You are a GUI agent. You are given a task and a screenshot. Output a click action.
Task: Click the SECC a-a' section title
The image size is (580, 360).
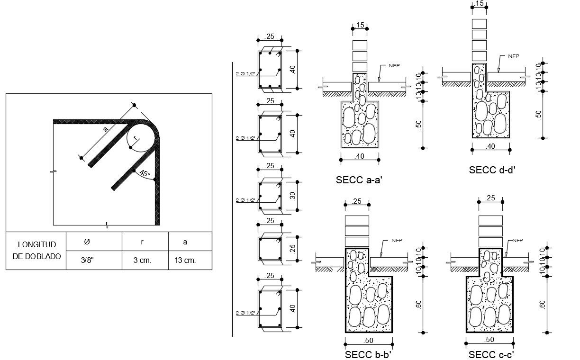(358, 180)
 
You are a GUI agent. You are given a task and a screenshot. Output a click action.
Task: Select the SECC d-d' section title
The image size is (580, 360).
(491, 170)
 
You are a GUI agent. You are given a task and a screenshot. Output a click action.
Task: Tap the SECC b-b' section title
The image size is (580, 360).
(368, 354)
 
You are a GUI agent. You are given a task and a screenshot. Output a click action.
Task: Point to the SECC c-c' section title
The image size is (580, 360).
(491, 354)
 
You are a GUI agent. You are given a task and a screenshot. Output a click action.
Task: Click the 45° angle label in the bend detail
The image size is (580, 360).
(145, 174)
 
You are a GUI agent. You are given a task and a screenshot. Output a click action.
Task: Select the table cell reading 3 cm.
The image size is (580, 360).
(143, 261)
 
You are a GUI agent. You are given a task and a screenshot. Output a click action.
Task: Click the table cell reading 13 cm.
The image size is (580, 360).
(185, 261)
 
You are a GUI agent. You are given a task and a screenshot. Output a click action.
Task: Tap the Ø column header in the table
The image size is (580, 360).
(86, 242)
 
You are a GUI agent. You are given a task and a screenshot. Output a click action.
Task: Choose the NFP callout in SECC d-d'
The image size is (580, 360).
(513, 56)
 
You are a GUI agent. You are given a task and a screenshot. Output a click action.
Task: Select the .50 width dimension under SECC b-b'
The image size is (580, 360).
(368, 340)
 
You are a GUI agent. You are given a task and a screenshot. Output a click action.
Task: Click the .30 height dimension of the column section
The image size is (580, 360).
(294, 195)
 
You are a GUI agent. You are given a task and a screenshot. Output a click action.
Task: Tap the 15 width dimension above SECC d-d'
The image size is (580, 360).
(480, 4)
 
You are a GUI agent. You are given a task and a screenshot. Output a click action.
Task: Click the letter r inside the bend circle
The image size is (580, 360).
(135, 138)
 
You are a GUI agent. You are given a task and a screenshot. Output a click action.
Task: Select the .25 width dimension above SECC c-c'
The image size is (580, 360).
(490, 198)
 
